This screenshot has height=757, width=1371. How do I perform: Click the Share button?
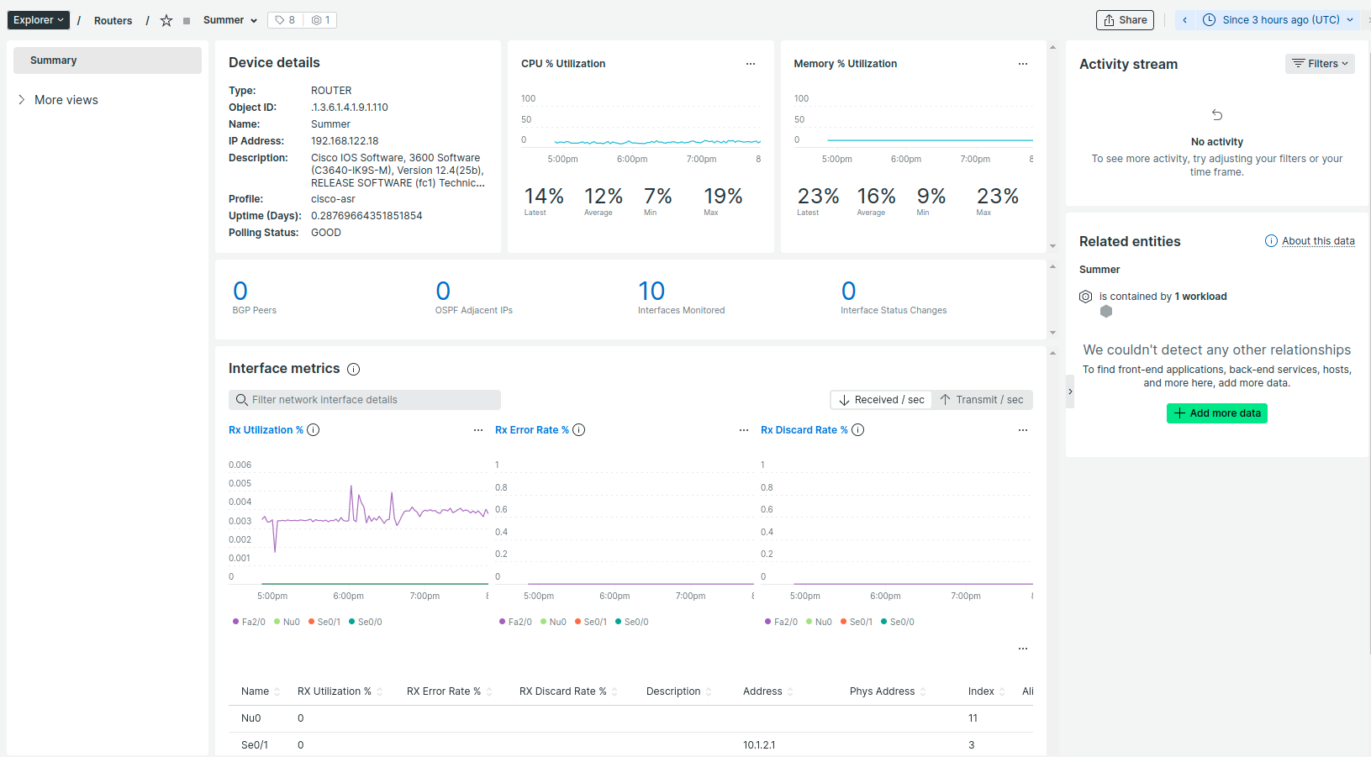point(1125,20)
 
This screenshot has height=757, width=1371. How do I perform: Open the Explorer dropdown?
point(38,20)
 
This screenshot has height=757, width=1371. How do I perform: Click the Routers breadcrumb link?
point(113,21)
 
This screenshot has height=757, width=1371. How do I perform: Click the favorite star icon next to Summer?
point(166,21)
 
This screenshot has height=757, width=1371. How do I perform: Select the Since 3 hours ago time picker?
point(1279,20)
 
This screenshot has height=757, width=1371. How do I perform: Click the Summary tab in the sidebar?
point(108,60)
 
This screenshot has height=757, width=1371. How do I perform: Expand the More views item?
point(66,100)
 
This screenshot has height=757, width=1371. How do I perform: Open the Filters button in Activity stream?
point(1319,64)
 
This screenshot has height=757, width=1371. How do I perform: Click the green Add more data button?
point(1216,413)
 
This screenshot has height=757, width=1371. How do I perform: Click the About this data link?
point(1317,241)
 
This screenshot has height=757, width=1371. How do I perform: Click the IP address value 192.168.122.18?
point(345,141)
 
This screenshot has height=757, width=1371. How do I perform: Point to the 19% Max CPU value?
point(722,197)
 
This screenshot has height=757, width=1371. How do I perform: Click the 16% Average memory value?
point(875,197)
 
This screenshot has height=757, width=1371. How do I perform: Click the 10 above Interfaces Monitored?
point(651,292)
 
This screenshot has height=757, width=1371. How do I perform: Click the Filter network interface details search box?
point(365,400)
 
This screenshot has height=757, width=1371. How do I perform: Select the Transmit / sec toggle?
point(982,400)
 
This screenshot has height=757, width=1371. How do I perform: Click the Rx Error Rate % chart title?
point(531,430)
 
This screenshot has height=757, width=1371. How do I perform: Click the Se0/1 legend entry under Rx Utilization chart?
point(328,623)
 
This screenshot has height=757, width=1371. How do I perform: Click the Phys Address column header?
point(881,691)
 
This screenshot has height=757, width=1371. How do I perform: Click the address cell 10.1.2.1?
point(759,745)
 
